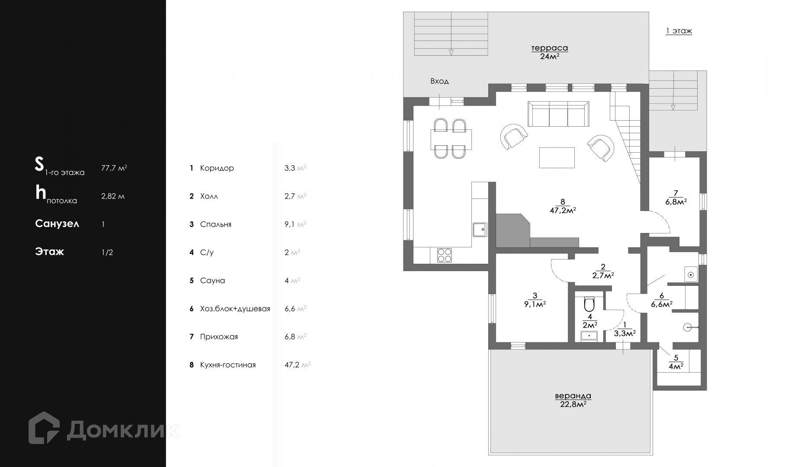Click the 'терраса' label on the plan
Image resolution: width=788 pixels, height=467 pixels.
tap(549, 48)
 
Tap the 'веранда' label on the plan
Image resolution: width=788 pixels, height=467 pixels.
tap(573, 396)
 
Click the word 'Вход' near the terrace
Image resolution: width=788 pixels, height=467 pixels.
tap(439, 81)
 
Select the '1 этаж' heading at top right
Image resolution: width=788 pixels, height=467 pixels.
tap(679, 31)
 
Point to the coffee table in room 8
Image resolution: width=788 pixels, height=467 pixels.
tap(557, 157)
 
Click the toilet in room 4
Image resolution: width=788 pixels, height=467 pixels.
tap(589, 304)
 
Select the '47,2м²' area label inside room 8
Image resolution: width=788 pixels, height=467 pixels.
tap(562, 211)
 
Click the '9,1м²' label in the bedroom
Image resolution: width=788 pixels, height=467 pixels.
tap(535, 304)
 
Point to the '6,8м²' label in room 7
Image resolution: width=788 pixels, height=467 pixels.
tap(676, 202)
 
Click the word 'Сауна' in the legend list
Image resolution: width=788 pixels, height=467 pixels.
tap(212, 281)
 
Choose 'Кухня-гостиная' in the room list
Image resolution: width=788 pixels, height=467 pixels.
tap(227, 365)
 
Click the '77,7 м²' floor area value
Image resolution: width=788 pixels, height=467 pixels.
tap(114, 168)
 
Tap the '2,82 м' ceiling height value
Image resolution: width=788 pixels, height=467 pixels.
tap(112, 196)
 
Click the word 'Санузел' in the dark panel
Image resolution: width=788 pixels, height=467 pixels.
tap(57, 224)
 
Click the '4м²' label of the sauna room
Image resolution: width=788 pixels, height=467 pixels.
tap(676, 366)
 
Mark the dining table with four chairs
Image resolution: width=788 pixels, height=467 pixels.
tap(451, 139)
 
